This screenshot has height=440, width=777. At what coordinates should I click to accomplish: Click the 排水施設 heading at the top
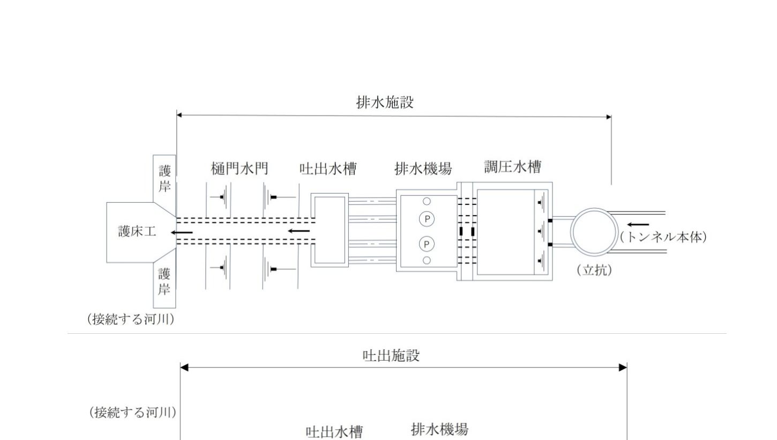(385, 102)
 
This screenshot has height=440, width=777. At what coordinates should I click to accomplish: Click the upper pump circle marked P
(427, 219)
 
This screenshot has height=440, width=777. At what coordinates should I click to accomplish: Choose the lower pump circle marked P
(427, 245)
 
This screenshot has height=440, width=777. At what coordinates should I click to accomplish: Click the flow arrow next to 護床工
(182, 232)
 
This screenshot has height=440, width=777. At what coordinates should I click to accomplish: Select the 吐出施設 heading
(391, 355)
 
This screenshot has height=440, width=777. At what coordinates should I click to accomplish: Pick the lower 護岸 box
(165, 282)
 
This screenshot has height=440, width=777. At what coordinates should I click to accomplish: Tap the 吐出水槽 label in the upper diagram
(328, 169)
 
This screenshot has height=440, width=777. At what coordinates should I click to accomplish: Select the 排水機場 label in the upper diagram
(423, 169)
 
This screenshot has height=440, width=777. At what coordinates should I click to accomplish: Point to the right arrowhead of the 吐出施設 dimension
(623, 368)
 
